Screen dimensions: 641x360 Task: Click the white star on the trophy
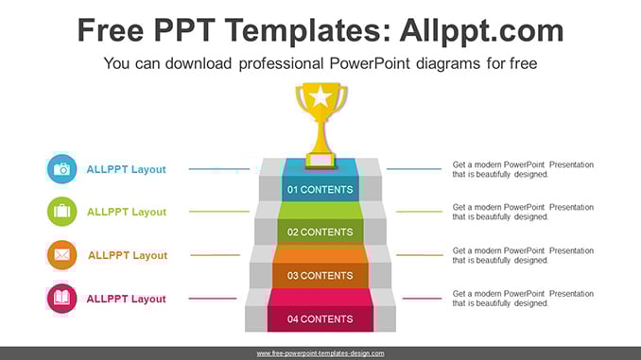[320, 97]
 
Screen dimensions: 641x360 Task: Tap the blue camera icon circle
[61, 169]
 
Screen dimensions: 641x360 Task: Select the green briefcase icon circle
[61, 212]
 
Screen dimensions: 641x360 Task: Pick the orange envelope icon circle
[61, 255]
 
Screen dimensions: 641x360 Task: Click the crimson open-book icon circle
[61, 299]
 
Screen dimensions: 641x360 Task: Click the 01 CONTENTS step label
[320, 190]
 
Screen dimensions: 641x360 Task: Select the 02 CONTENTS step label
[320, 232]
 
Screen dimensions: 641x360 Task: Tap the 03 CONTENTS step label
[320, 276]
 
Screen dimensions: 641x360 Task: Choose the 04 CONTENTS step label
[320, 319]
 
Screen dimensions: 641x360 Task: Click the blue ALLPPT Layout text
[126, 169]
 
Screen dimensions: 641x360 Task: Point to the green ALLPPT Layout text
[127, 212]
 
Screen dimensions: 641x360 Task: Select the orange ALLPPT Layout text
[128, 255]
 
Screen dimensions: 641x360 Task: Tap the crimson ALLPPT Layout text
[126, 299]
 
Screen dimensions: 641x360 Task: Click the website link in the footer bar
[320, 353]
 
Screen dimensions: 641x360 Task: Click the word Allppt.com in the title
[482, 31]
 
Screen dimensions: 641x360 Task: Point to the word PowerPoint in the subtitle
[370, 63]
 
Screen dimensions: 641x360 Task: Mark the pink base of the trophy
[320, 161]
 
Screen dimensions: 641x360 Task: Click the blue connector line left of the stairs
[219, 169]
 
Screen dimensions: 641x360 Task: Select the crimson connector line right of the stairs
[422, 299]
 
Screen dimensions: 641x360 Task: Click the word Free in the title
[111, 31]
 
